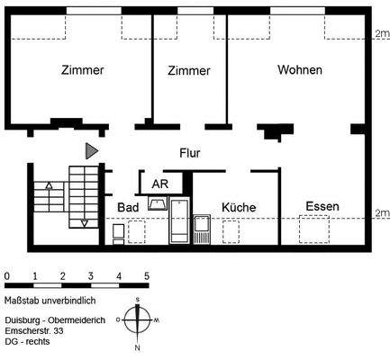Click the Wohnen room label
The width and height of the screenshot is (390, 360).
[x=299, y=70]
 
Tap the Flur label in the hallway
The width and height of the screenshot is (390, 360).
[x=189, y=153]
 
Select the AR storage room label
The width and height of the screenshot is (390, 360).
[x=159, y=184]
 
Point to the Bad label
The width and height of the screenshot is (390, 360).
[x=127, y=207]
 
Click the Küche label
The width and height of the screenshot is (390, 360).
[x=239, y=207]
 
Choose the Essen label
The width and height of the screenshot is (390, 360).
[x=322, y=206]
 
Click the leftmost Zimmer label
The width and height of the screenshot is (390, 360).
[x=82, y=70]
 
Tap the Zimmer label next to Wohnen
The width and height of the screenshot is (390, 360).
[x=189, y=70]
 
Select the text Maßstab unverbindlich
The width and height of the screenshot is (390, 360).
[x=50, y=300]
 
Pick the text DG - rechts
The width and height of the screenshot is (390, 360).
[x=27, y=342]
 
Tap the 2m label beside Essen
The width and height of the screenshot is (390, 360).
[x=381, y=212]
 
